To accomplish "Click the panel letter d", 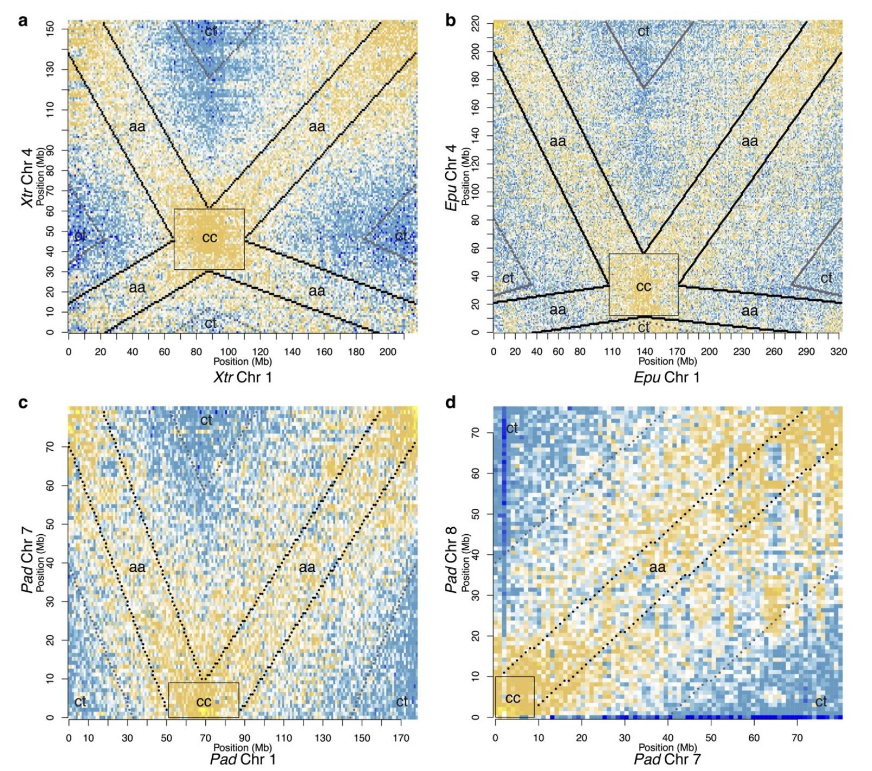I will (x=450, y=402).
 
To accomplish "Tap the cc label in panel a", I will (x=210, y=237).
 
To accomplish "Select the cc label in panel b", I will (x=643, y=286).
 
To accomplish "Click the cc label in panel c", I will (x=204, y=702).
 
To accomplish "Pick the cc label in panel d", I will (x=513, y=698).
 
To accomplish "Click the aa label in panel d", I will (x=657, y=567).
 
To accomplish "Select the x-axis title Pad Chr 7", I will (x=667, y=759).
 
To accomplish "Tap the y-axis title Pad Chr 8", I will (x=451, y=559).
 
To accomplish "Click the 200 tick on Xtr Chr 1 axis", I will (x=388, y=352).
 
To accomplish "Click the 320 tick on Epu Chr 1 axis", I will (x=838, y=352).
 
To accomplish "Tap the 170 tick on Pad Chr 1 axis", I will (x=401, y=738).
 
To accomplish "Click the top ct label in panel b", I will (x=643, y=31).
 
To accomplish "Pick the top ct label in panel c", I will (x=206, y=420).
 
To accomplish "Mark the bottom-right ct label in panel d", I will (x=821, y=702).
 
